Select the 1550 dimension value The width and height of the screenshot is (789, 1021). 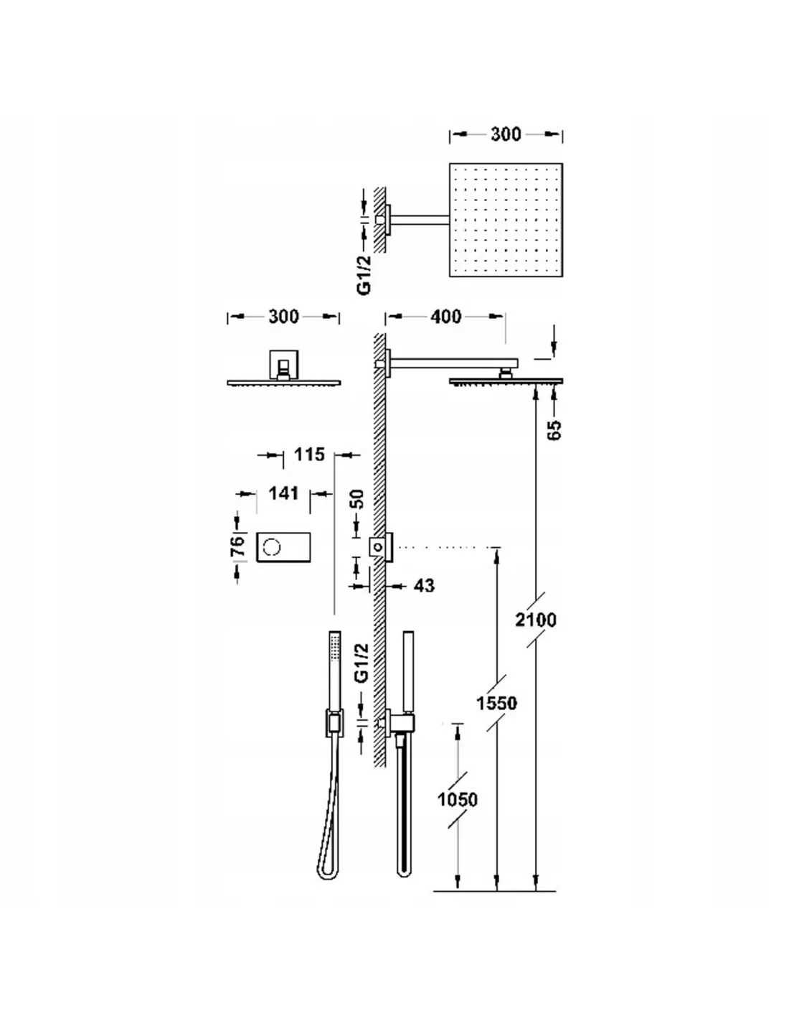coord(496,704)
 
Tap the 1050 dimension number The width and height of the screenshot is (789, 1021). coord(457,799)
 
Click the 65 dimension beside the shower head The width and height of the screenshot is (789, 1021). coord(554,430)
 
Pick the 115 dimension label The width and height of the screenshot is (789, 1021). coord(309,454)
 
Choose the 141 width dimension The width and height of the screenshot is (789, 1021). coord(283,493)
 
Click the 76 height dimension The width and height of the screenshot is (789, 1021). coord(238,546)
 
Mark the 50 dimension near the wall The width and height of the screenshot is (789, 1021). coord(357,499)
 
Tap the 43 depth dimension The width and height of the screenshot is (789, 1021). coord(425,585)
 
